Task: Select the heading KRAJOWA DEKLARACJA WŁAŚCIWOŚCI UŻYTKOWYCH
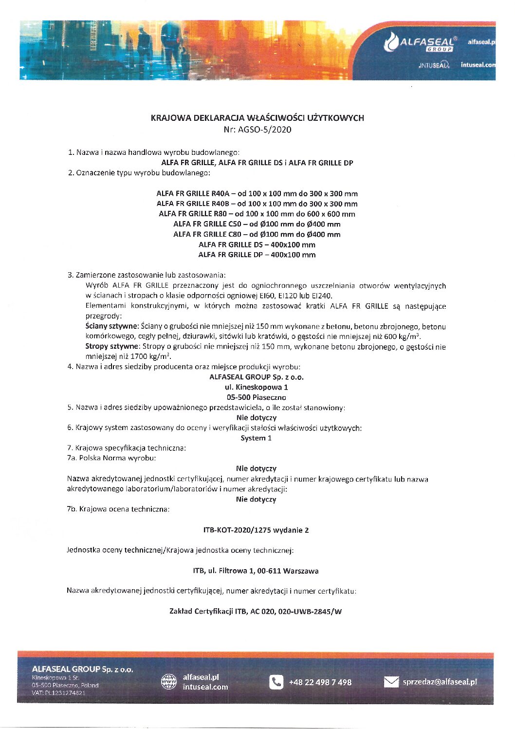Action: pyautogui.click(x=257, y=118)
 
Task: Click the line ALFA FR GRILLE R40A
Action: pyautogui.click(x=257, y=193)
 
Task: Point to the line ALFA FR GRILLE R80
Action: pyautogui.click(x=257, y=214)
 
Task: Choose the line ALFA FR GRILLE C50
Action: pyautogui.click(x=257, y=224)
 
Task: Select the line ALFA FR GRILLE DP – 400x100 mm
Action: pyautogui.click(x=257, y=255)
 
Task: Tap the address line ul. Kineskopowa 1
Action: pyautogui.click(x=257, y=387)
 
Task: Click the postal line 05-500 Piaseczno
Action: pyautogui.click(x=257, y=397)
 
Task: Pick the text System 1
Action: pyautogui.click(x=256, y=438)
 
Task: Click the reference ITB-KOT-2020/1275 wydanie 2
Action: pyautogui.click(x=256, y=530)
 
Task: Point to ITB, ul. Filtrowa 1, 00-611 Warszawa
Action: pyautogui.click(x=256, y=571)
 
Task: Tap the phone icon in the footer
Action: pyautogui.click(x=276, y=682)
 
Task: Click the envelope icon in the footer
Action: pyautogui.click(x=391, y=682)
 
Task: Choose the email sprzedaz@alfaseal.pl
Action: pyautogui.click(x=440, y=682)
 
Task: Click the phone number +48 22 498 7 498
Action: pyautogui.click(x=320, y=682)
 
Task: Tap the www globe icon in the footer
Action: pyautogui.click(x=169, y=682)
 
